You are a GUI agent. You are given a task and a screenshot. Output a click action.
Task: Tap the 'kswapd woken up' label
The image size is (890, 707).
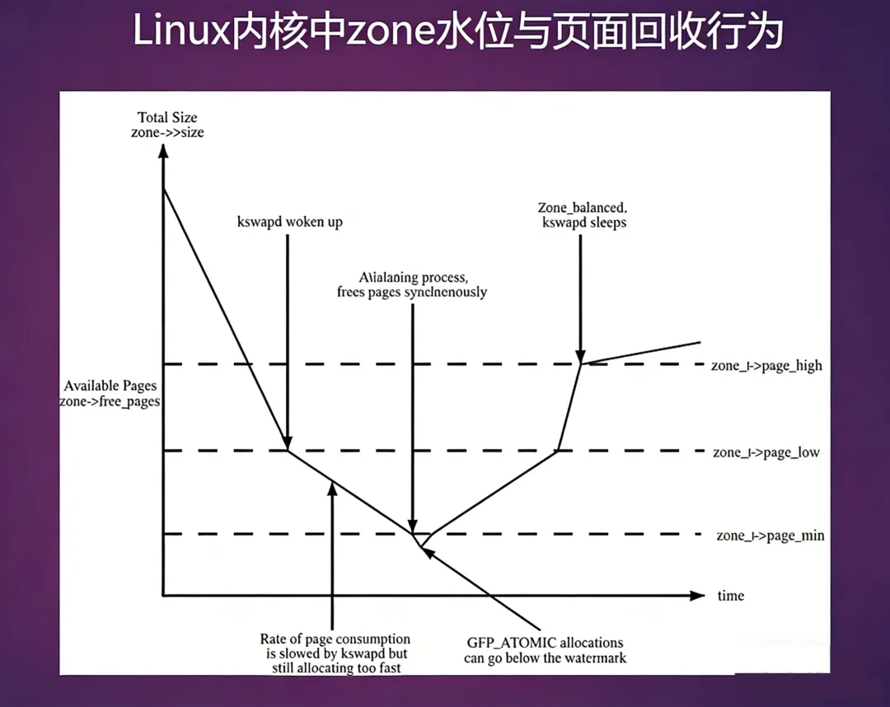pyautogui.click(x=289, y=222)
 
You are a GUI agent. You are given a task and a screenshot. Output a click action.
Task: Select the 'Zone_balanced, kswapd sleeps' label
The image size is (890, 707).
pyautogui.click(x=583, y=214)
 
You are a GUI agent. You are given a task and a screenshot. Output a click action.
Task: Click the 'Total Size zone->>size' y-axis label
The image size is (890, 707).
pyautogui.click(x=168, y=124)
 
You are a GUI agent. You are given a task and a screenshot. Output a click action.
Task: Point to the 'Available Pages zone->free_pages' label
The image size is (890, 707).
pyautogui.click(x=110, y=394)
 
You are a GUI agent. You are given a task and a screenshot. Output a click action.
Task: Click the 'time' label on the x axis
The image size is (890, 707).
pyautogui.click(x=730, y=595)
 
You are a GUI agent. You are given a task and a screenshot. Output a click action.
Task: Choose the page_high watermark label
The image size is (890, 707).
pyautogui.click(x=766, y=365)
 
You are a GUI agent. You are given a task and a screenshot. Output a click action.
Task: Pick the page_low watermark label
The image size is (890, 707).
pyautogui.click(x=766, y=452)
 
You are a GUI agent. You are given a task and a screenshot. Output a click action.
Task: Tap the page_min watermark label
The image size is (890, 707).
pyautogui.click(x=770, y=536)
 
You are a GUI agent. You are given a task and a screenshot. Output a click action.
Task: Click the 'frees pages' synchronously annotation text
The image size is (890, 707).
pyautogui.click(x=412, y=292)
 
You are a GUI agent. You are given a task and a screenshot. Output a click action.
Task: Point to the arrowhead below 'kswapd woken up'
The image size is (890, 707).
pyautogui.click(x=288, y=442)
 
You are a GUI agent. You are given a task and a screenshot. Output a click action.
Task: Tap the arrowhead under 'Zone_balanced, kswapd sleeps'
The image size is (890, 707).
pyautogui.click(x=581, y=355)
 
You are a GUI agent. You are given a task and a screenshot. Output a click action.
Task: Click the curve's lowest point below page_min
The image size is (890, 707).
pyautogui.click(x=421, y=545)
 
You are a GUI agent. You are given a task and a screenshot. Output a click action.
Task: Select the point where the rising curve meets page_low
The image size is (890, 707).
pyautogui.click(x=558, y=451)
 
